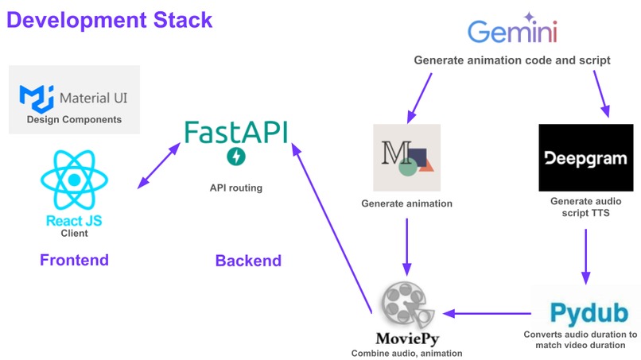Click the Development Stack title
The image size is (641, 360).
click(x=110, y=19)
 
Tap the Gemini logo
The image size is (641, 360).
click(x=512, y=32)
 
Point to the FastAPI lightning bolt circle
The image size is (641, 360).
click(x=235, y=157)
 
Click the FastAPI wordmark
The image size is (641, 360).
click(x=235, y=131)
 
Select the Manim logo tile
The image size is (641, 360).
click(x=406, y=157)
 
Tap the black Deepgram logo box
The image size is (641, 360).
click(x=585, y=157)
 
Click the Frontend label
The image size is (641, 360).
click(x=74, y=261)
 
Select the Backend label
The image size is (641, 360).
click(x=248, y=261)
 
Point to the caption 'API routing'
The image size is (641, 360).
click(x=235, y=188)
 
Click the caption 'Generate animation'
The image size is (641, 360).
click(x=406, y=204)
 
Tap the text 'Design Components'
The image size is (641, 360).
click(x=74, y=120)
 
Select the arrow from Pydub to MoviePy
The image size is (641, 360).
click(x=486, y=312)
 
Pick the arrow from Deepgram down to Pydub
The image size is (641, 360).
click(x=586, y=256)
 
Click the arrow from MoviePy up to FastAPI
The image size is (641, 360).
click(x=334, y=227)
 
